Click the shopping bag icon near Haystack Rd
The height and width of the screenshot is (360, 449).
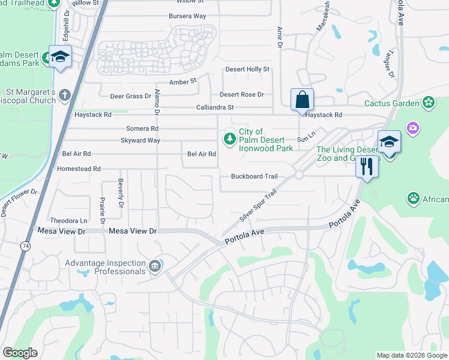tap(303, 100)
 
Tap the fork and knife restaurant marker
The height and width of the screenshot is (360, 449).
tap(367, 166)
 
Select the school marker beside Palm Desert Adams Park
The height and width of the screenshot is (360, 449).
tap(60, 57)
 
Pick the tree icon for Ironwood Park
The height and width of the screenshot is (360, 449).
tap(229, 139)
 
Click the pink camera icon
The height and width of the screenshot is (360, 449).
tap(412, 127)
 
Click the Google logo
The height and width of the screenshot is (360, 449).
tap(20, 352)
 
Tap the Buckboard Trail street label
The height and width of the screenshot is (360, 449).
tap(255, 176)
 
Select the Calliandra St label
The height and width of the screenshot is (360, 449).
tap(214, 107)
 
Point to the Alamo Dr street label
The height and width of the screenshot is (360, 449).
tap(157, 102)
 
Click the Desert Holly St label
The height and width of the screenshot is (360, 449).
tap(247, 70)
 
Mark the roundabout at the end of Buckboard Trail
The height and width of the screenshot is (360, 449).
tap(298, 175)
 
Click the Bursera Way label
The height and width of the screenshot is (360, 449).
tap(187, 15)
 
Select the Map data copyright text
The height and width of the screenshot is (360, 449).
tap(411, 355)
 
